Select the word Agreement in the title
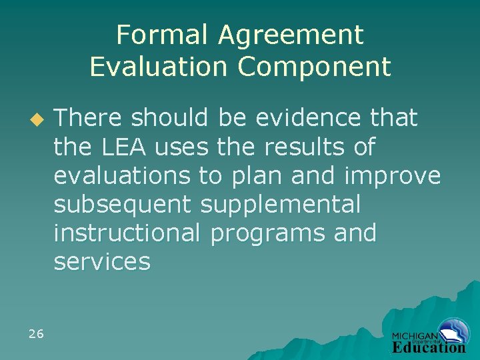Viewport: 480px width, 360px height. pyautogui.click(x=291, y=35)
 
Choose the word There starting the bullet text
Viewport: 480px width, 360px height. pyautogui.click(x=88, y=118)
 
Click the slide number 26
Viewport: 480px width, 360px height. pyautogui.click(x=36, y=333)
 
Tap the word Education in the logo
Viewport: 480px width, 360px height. pyautogui.click(x=429, y=347)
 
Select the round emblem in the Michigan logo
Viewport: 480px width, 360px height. pyautogui.click(x=454, y=331)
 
